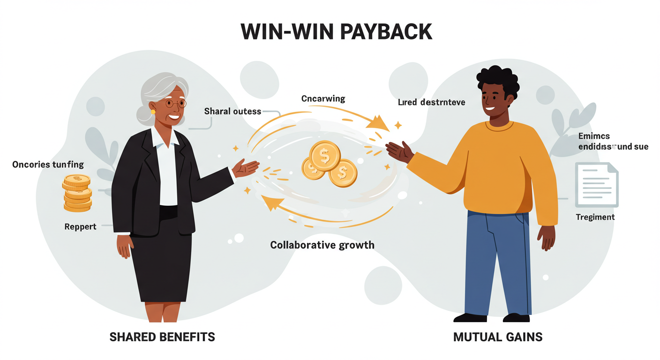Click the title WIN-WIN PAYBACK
[x=336, y=31]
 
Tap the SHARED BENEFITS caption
[x=162, y=337]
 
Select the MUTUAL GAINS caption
[x=498, y=337]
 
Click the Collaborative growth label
[x=322, y=245]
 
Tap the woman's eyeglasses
[x=174, y=104]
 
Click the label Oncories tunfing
[x=48, y=165]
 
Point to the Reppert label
[x=80, y=227]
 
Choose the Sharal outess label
[x=232, y=112]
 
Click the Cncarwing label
[x=323, y=99]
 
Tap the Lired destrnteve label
[x=431, y=102]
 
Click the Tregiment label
[x=594, y=217]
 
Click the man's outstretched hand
[x=399, y=151]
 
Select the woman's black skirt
[x=161, y=262]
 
